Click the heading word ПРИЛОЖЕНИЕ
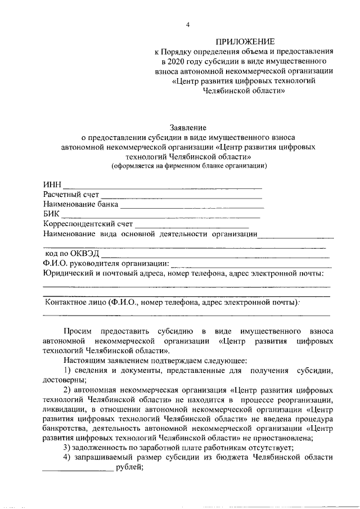point(246,41)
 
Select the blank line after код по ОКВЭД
point(217,256)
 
